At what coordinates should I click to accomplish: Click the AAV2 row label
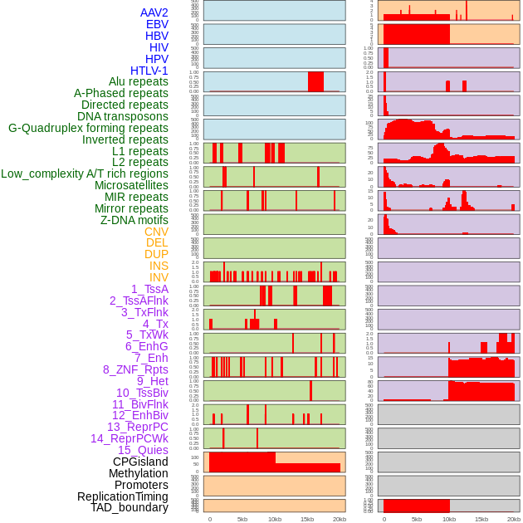coord(154,12)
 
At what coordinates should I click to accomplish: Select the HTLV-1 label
coord(149,71)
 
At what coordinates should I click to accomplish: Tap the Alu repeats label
coord(138,82)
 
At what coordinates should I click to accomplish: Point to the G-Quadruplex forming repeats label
coord(88,128)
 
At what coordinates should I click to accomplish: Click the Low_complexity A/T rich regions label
coord(85,174)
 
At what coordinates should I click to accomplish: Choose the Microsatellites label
coord(131,185)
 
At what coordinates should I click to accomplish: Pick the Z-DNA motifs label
coord(134,220)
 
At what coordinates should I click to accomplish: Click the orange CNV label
coord(156,232)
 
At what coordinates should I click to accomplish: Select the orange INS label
coord(159,266)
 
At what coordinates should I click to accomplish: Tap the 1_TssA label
coord(149,289)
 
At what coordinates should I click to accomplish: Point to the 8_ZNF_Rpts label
coord(135,369)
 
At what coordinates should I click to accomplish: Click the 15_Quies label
coord(142,450)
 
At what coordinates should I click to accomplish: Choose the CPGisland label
coord(140,462)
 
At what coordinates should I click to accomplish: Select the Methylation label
coord(139,473)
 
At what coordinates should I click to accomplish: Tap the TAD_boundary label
coord(129,507)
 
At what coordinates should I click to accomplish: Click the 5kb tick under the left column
coord(242,519)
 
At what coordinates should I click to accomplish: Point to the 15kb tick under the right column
coord(481,519)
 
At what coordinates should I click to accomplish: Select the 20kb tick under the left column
coord(340,519)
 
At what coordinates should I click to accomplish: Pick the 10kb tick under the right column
coord(449,519)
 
